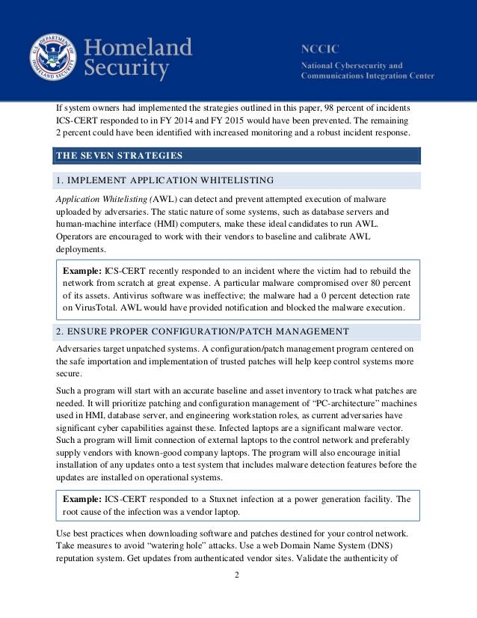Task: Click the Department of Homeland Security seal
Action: click(55, 59)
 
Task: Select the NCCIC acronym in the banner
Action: click(317, 48)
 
